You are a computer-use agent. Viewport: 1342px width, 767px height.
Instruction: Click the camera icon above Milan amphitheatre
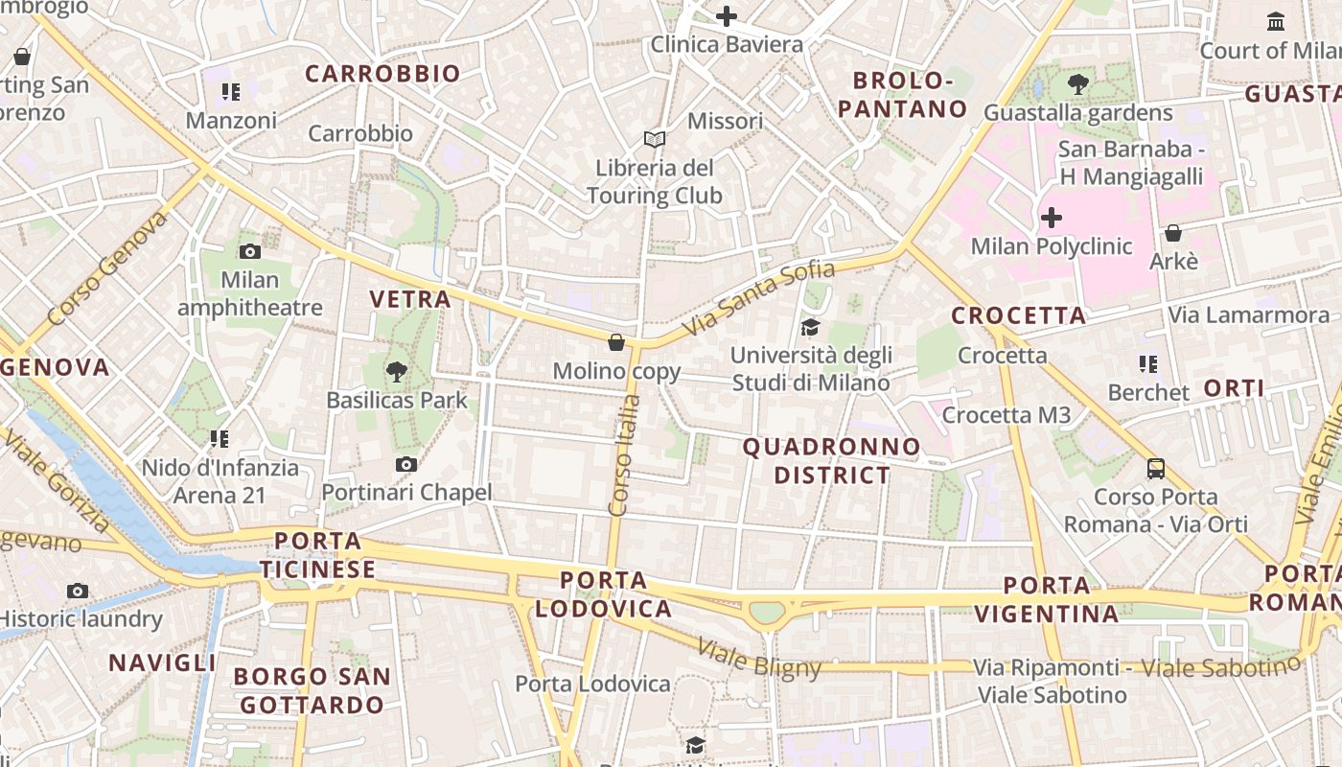250,252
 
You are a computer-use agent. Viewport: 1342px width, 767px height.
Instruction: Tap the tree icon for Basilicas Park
396,371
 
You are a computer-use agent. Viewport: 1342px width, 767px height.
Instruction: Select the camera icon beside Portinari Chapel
406,465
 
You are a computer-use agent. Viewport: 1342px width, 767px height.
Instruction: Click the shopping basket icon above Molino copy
617,342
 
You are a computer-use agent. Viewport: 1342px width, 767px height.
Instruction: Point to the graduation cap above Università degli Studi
811,327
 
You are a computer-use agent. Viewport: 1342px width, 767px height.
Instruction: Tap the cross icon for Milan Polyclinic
1052,218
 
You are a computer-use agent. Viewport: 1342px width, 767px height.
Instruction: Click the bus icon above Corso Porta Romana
1156,469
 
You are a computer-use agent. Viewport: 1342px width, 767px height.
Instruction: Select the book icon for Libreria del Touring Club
655,140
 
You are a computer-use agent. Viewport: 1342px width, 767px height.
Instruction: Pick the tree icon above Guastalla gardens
1078,84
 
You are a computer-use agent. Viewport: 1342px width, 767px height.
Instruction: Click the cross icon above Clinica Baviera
727,16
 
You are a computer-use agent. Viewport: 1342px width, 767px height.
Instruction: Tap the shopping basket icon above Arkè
1173,233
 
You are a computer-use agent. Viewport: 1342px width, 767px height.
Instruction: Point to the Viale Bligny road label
759,658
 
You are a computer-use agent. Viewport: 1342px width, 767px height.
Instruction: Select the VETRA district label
410,299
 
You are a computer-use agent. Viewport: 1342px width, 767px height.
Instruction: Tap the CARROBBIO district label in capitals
382,74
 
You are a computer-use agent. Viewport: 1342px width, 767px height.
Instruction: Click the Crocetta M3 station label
1006,415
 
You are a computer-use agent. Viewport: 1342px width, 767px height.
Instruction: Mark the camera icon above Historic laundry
78,591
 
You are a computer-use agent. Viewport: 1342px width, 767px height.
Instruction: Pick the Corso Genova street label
106,267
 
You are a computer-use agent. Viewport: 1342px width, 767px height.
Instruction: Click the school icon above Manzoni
230,92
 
